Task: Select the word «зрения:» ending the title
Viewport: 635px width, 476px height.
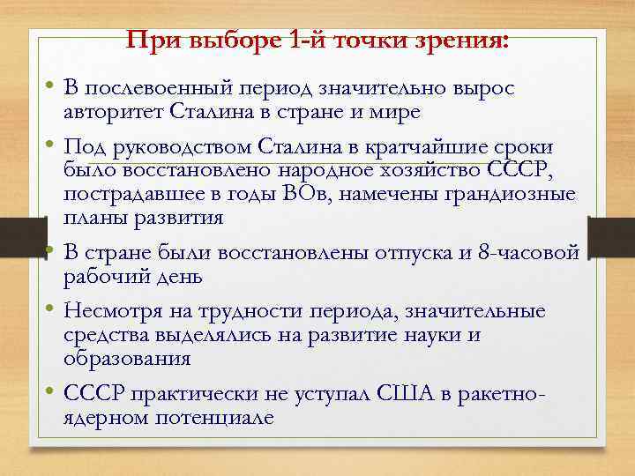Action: [x=469, y=41]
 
